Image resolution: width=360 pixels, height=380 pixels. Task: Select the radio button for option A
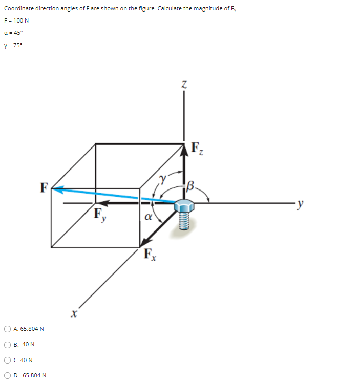click(8, 328)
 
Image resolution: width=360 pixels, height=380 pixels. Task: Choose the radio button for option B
click(8, 344)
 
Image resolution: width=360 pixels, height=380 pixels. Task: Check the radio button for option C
click(8, 360)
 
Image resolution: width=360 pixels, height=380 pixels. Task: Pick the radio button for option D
click(8, 375)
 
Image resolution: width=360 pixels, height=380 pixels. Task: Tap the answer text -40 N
click(28, 344)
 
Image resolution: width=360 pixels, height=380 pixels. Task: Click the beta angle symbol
click(192, 185)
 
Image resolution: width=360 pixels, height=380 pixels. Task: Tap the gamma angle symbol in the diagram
click(163, 180)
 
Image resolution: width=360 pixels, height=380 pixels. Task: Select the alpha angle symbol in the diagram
click(149, 217)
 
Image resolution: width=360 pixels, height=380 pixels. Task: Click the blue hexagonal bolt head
click(184, 205)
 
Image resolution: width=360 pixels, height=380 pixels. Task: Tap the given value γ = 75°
click(13, 44)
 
